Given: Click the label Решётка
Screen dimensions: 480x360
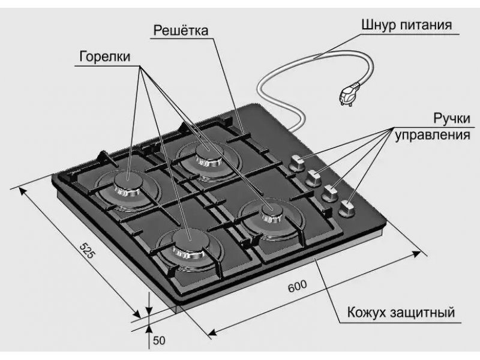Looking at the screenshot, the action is (x=181, y=31).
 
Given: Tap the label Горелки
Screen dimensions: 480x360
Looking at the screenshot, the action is (x=104, y=56).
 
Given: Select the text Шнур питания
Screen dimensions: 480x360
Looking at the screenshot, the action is (x=407, y=25).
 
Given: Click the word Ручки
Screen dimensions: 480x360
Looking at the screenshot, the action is (x=452, y=118).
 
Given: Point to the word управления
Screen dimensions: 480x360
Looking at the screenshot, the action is (x=433, y=134).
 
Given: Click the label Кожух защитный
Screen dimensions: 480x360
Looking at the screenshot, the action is (x=401, y=313).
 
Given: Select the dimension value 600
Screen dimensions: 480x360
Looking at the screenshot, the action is (x=297, y=286).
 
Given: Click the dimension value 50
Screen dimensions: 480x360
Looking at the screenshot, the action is (x=159, y=340).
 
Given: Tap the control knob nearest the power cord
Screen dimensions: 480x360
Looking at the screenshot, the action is (x=295, y=163).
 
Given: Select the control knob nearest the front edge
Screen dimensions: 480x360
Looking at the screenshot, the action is (x=347, y=208).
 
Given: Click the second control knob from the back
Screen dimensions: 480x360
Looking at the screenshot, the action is (x=312, y=178).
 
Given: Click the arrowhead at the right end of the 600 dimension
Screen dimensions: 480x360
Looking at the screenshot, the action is (x=416, y=254).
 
